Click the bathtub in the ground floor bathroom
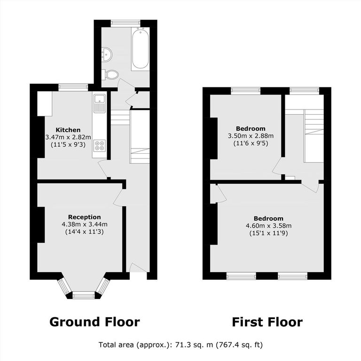pyautogui.click(x=141, y=49)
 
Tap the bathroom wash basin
pyautogui.click(x=107, y=55)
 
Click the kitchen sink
pyautogui.click(x=100, y=103)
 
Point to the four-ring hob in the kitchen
pyautogui.click(x=100, y=146)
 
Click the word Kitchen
pyautogui.click(x=68, y=130)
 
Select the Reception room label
pyautogui.click(x=85, y=217)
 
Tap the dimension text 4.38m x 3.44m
pyautogui.click(x=85, y=224)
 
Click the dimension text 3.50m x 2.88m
pyautogui.click(x=251, y=136)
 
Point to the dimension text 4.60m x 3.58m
pyautogui.click(x=269, y=226)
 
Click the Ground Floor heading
pyautogui.click(x=94, y=322)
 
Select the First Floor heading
pyautogui.click(x=267, y=322)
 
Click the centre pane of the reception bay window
pyautogui.click(x=84, y=295)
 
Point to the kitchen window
pyautogui.click(x=73, y=87)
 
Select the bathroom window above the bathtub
pyautogui.click(x=126, y=23)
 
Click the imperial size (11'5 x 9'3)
pyautogui.click(x=68, y=145)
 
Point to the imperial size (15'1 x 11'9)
pyautogui.click(x=269, y=233)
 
